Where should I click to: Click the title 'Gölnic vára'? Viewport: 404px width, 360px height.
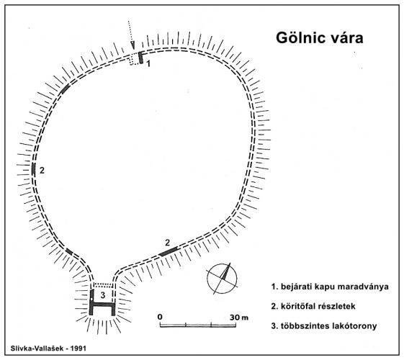(320, 38)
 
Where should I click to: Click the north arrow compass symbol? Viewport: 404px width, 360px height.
(222, 279)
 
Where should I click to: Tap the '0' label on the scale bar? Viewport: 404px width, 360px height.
(160, 317)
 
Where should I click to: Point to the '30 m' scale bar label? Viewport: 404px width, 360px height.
(239, 318)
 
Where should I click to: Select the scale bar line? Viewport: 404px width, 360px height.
(198, 325)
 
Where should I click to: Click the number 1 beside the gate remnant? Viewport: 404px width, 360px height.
(148, 63)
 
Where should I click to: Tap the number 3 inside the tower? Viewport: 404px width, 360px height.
(103, 295)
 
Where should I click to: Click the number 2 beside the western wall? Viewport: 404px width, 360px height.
(42, 170)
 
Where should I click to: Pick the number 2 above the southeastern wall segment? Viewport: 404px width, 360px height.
(168, 243)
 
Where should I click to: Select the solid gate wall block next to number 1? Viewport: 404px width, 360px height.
(140, 58)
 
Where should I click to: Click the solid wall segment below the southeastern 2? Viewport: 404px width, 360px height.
(169, 251)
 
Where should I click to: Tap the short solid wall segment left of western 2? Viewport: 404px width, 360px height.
(33, 169)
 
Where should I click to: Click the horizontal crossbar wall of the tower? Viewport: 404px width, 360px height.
(103, 305)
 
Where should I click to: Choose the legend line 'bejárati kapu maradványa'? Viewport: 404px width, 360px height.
(330, 287)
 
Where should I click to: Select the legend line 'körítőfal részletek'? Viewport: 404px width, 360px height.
(313, 306)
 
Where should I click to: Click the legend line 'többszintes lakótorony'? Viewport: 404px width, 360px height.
(324, 325)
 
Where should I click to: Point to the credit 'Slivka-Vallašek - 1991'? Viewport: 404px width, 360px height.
(48, 348)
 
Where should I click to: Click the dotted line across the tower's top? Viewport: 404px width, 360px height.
(103, 285)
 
